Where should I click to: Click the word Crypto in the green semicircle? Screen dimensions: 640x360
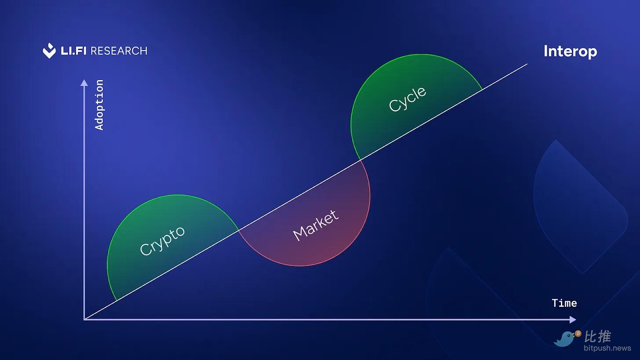point(162,240)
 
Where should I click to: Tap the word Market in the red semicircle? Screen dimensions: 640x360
point(316,225)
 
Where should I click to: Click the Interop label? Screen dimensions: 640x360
point(570,52)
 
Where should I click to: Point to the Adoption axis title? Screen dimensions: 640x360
point(99,105)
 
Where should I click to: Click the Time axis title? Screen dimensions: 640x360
point(564,303)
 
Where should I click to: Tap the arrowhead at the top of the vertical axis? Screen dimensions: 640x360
point(84,83)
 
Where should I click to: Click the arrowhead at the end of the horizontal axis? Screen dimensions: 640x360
point(573,320)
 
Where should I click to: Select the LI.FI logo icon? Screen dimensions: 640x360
point(49,51)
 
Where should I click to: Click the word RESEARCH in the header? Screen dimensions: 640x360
point(119,51)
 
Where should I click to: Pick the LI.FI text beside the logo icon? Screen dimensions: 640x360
point(73,51)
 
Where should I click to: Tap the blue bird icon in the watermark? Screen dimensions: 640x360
point(564,339)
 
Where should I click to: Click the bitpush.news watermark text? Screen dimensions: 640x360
point(607,348)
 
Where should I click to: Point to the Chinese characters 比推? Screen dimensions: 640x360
point(597,337)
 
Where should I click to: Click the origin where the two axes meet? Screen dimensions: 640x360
point(84,319)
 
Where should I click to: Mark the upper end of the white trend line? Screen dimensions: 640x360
point(527,64)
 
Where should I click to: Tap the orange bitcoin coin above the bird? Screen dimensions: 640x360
point(578,334)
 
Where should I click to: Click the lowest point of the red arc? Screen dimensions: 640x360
point(299,266)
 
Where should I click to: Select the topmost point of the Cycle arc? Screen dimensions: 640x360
point(422,54)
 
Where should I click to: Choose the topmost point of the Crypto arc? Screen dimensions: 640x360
point(178,195)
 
